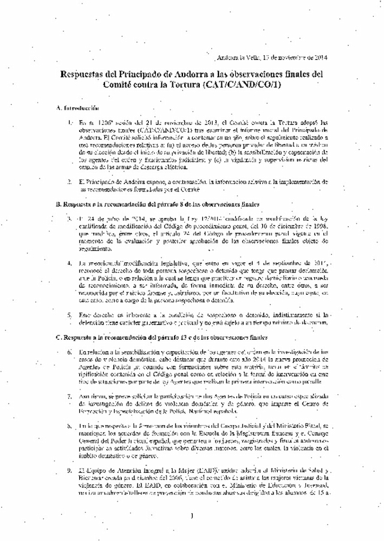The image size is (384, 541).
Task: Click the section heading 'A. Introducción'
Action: [x=76, y=108]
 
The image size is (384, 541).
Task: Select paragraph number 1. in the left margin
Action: [x=71, y=122]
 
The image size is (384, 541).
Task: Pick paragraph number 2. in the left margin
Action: [x=71, y=181]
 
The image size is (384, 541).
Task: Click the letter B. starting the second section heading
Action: [x=56, y=204]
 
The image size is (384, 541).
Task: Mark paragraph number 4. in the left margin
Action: [x=71, y=263]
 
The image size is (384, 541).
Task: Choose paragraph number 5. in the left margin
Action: [x=71, y=315]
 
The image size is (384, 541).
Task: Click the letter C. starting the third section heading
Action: [x=56, y=338]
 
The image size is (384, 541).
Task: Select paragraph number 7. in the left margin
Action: [x=71, y=397]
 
